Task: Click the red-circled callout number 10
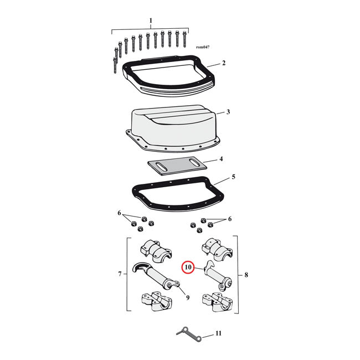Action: click(188, 268)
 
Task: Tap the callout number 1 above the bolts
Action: click(151, 20)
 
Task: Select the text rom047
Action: click(203, 47)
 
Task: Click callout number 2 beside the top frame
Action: click(224, 63)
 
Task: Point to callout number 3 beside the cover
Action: click(228, 112)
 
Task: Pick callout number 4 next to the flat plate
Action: click(221, 159)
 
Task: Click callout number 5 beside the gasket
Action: click(233, 177)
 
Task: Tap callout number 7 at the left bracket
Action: click(120, 274)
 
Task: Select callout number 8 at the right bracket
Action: click(246, 275)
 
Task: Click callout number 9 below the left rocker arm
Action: click(188, 297)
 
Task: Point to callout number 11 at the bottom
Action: click(218, 333)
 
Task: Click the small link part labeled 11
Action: click(189, 335)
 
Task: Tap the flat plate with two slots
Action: click(177, 166)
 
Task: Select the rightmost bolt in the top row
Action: click(184, 39)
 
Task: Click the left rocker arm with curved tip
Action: click(156, 276)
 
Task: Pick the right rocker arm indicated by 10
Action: click(219, 276)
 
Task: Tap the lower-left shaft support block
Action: click(157, 301)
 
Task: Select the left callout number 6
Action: click(119, 213)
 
